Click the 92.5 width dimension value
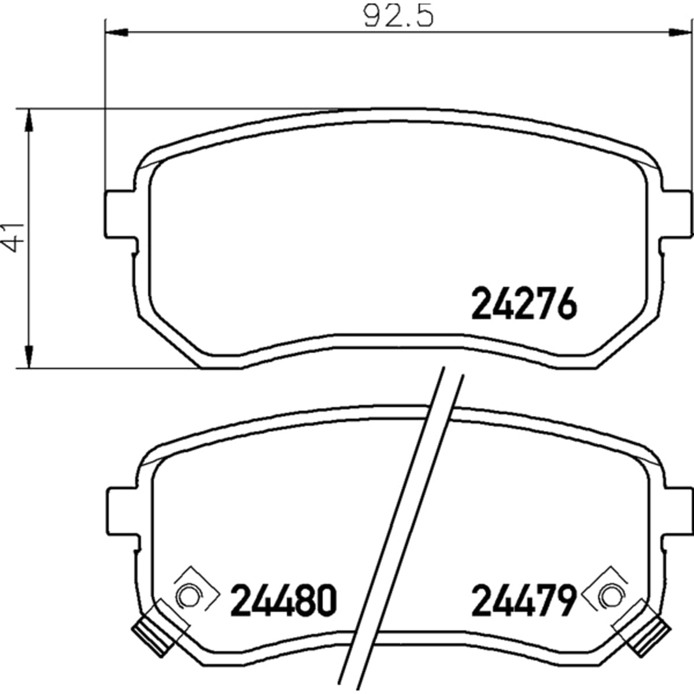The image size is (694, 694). point(398,16)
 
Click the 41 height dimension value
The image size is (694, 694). point(13,237)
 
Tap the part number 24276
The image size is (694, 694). point(524,303)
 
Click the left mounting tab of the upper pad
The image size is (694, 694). point(120,214)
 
